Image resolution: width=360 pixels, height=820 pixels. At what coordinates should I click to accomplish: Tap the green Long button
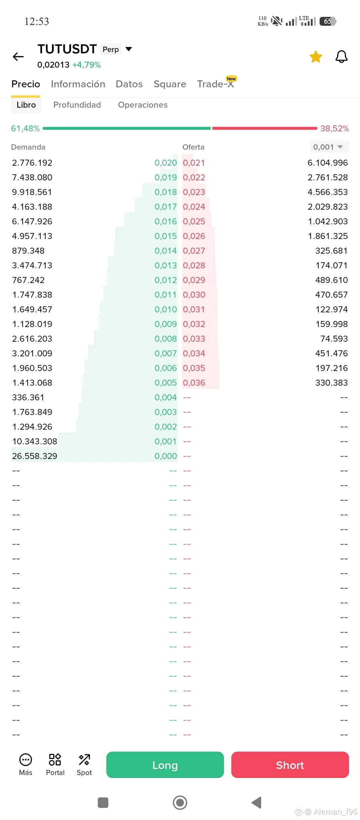[x=165, y=765]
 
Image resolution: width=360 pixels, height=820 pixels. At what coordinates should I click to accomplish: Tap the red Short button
[x=290, y=765]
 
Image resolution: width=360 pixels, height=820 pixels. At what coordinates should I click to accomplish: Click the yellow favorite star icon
[x=316, y=57]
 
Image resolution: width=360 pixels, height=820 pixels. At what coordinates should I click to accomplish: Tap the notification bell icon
[x=341, y=57]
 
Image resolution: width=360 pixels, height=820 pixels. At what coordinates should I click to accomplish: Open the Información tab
[x=78, y=84]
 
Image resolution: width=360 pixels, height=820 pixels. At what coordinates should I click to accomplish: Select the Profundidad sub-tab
[x=77, y=105]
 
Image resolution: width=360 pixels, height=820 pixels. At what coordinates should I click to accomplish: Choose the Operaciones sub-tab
[x=143, y=105]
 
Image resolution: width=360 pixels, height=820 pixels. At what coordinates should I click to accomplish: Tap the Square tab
[x=170, y=84]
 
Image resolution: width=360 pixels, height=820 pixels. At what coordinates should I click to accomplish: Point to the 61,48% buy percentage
[x=25, y=128]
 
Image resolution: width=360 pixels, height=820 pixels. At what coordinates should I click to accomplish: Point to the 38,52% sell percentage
[x=335, y=128]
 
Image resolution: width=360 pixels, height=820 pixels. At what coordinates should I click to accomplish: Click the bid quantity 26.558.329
[x=35, y=456]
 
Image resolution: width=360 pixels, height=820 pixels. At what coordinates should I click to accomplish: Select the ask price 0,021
[x=194, y=163]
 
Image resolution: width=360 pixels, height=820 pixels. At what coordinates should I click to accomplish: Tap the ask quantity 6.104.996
[x=328, y=163]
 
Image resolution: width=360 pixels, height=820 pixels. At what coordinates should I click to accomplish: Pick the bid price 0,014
[x=166, y=251]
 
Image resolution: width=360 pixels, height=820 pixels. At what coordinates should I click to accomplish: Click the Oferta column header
[x=193, y=147]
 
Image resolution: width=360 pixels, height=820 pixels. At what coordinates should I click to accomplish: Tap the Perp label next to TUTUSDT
[x=111, y=49]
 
